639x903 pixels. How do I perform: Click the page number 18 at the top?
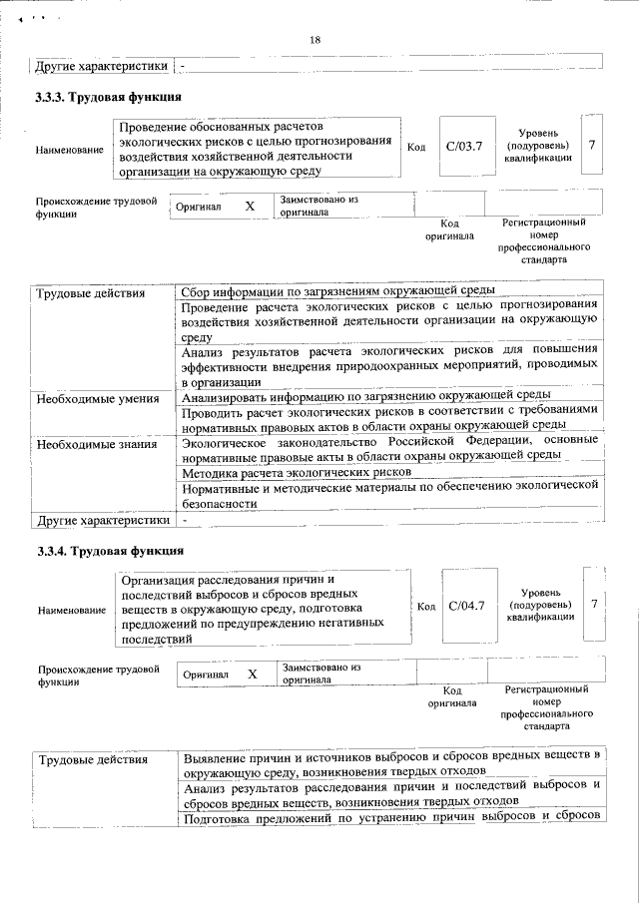click(x=316, y=39)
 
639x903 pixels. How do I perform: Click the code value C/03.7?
click(x=464, y=147)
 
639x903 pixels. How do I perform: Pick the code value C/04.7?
click(x=466, y=605)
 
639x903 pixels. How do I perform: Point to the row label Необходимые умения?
click(x=97, y=399)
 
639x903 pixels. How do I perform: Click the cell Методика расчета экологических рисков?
click(x=297, y=472)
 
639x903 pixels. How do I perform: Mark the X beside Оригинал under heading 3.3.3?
click(x=250, y=205)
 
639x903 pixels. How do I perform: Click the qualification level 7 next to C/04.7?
click(x=594, y=604)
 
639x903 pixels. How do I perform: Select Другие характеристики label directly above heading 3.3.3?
click(x=101, y=67)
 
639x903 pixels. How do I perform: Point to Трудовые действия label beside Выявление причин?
click(x=93, y=760)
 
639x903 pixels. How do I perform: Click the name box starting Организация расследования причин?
click(x=262, y=609)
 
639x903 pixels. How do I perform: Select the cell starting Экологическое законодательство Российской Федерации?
click(x=389, y=447)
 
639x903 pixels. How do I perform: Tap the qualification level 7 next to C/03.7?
click(x=592, y=146)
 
